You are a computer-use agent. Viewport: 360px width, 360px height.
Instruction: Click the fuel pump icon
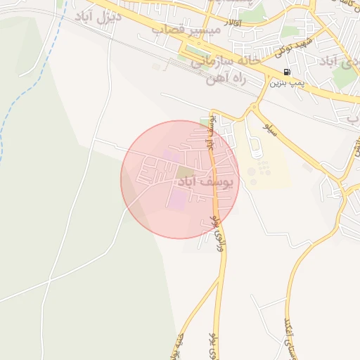click(x=287, y=72)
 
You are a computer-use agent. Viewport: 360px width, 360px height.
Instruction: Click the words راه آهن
click(x=224, y=79)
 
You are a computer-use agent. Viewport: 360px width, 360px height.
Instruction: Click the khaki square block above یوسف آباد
click(x=184, y=172)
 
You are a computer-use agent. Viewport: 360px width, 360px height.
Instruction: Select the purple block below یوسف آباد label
click(x=177, y=200)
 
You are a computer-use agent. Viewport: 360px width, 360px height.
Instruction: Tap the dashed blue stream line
click(x=28, y=77)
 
